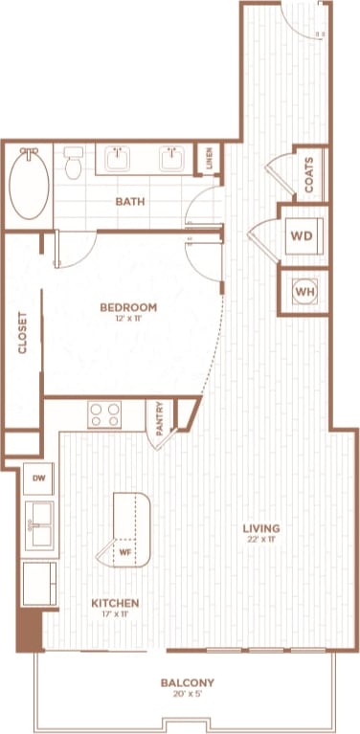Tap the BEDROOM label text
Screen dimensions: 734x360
coord(128,307)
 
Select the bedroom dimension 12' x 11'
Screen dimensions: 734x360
coord(128,320)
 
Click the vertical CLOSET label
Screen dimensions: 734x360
coord(22,333)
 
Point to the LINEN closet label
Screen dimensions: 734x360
coord(210,158)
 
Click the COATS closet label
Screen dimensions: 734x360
coord(308,176)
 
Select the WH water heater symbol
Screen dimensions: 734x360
coord(304,291)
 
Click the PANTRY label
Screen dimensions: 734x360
coord(160,419)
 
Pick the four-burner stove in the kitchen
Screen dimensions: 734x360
coord(104,415)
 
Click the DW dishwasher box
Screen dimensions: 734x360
coord(39,477)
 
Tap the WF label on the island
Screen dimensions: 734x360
coord(124,551)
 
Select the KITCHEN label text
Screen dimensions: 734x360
coord(116,604)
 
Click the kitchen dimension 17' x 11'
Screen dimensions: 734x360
coord(116,616)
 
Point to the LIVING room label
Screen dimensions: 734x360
coord(260,527)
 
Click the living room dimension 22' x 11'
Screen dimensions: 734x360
coord(260,540)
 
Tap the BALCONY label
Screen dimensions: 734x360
coord(188,682)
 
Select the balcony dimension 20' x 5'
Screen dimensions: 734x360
coord(188,695)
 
